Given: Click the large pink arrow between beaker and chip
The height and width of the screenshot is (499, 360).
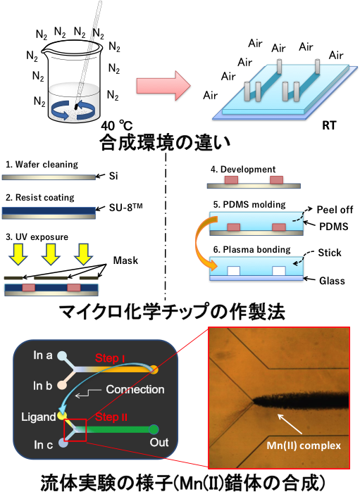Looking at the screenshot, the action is (163, 86).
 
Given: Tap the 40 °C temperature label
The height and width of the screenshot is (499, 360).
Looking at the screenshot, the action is (117, 126).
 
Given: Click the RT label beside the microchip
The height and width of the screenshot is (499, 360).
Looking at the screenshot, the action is (329, 125).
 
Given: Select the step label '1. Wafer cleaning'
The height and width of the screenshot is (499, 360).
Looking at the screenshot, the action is (42, 165).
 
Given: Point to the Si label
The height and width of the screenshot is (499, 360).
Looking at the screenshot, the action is (113, 176).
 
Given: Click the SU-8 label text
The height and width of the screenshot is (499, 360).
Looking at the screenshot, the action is (125, 208).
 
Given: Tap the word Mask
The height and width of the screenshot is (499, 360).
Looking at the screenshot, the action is (125, 260).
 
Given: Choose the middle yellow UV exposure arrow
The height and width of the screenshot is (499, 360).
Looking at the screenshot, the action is (51, 254).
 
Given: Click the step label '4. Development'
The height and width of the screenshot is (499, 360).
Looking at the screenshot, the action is (243, 170).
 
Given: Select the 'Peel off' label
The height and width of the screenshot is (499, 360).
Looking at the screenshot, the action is (335, 210).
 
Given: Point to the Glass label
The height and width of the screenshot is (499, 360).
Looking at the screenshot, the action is (332, 281).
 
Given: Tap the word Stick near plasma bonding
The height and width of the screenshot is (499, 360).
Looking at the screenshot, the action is (330, 253).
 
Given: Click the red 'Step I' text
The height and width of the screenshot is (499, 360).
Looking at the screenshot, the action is (110, 358).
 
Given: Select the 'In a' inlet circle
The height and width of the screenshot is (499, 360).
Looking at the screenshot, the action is (62, 356).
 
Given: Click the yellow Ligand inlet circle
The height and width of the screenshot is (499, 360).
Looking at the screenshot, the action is (62, 416).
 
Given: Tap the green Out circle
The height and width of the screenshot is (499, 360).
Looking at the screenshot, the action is (154, 429).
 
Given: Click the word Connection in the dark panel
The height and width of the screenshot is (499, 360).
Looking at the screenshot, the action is (135, 389).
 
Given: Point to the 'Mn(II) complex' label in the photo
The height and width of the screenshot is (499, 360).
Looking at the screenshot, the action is (304, 446).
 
